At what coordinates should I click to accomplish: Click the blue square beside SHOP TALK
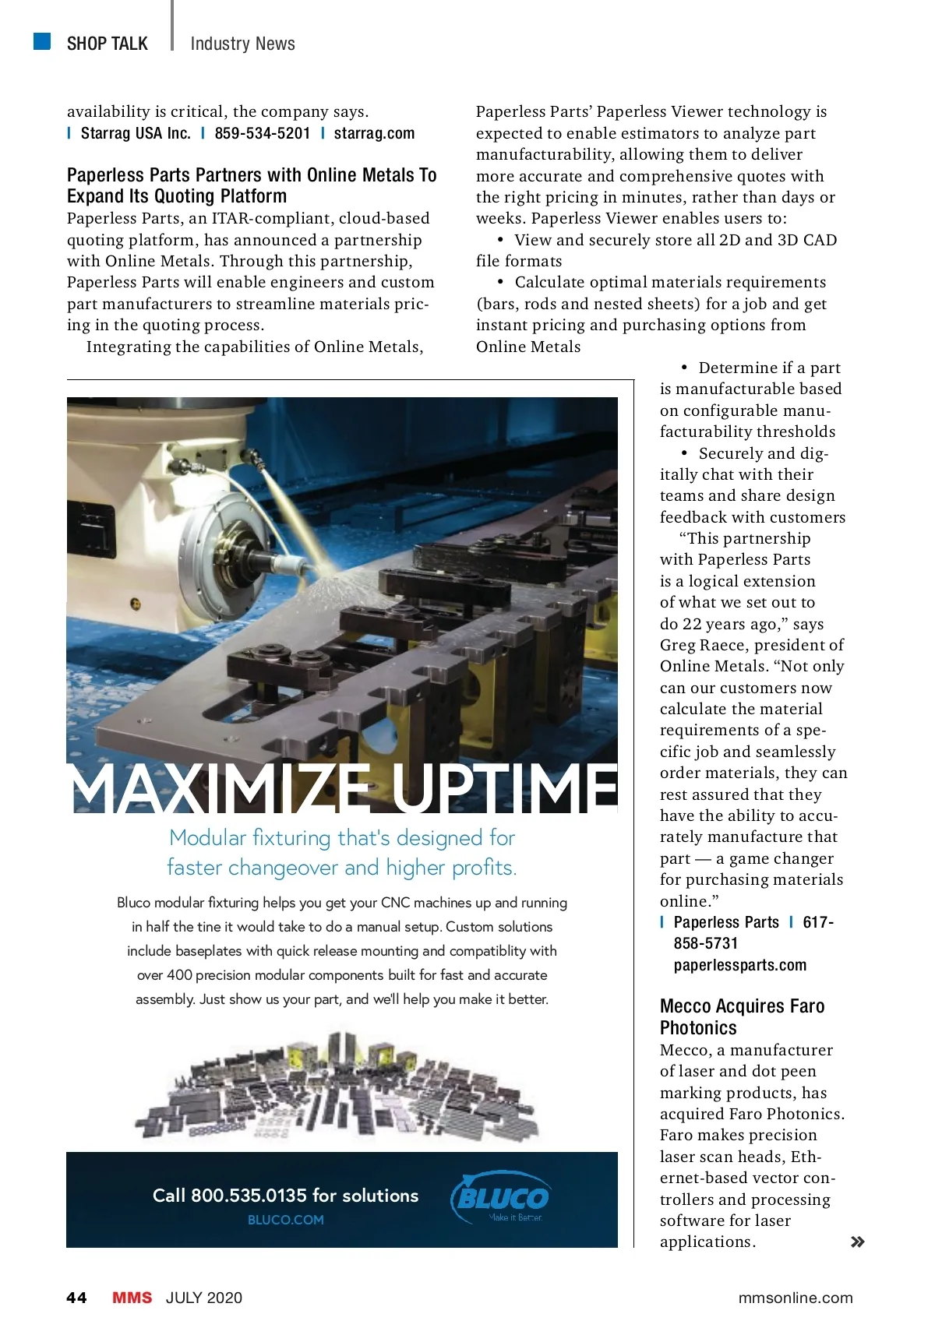click(42, 41)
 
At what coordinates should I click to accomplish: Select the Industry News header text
click(242, 44)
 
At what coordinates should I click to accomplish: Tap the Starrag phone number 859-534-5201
click(262, 133)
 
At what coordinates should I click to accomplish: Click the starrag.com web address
click(374, 133)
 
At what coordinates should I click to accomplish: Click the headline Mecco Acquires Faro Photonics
click(741, 1016)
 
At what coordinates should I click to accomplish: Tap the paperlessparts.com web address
click(739, 965)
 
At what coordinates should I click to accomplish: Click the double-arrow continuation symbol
click(857, 1242)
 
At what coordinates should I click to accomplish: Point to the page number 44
click(76, 1298)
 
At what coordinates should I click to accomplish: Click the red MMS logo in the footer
click(132, 1298)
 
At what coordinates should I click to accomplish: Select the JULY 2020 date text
click(204, 1298)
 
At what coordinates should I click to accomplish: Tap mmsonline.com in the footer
click(795, 1298)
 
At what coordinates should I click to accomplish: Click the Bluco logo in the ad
click(501, 1198)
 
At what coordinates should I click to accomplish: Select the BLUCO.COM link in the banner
click(285, 1220)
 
